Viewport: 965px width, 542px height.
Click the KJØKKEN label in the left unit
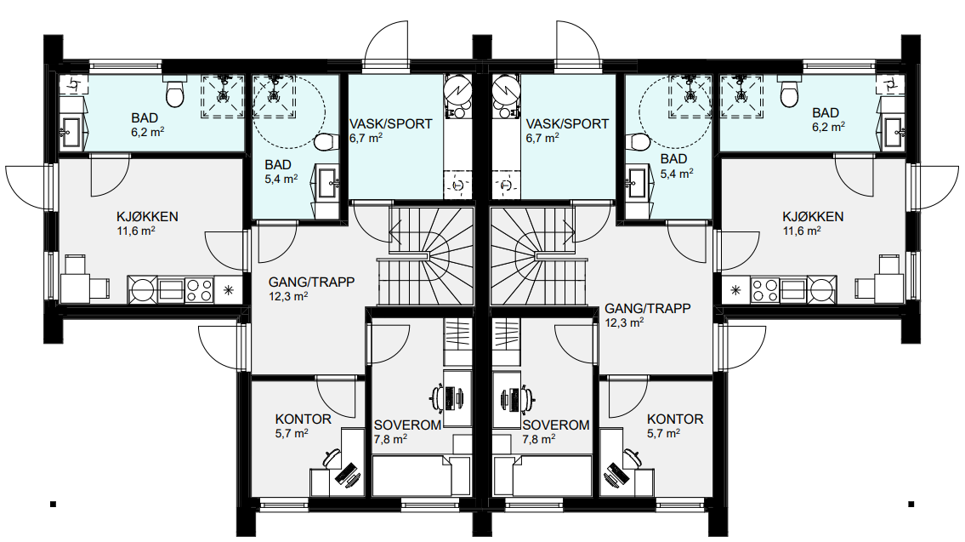click(x=147, y=217)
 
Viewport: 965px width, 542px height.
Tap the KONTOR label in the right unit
click(x=675, y=419)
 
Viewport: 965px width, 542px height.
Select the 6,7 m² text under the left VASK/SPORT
click(x=366, y=139)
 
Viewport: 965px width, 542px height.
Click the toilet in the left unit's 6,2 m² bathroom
click(x=175, y=92)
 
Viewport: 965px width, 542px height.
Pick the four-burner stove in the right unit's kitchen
click(x=763, y=289)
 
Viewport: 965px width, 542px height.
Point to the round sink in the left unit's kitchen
click(x=143, y=289)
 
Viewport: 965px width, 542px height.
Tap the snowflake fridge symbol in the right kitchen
click(x=735, y=290)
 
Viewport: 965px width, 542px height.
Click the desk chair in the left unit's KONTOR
click(x=331, y=458)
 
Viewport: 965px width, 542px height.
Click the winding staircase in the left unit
click(x=424, y=256)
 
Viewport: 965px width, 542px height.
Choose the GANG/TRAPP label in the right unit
click(x=647, y=309)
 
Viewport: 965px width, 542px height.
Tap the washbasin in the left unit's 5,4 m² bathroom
click(x=326, y=182)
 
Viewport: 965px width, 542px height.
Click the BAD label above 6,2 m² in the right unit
click(x=826, y=112)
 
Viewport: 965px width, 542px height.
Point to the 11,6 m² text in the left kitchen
click(x=136, y=231)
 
